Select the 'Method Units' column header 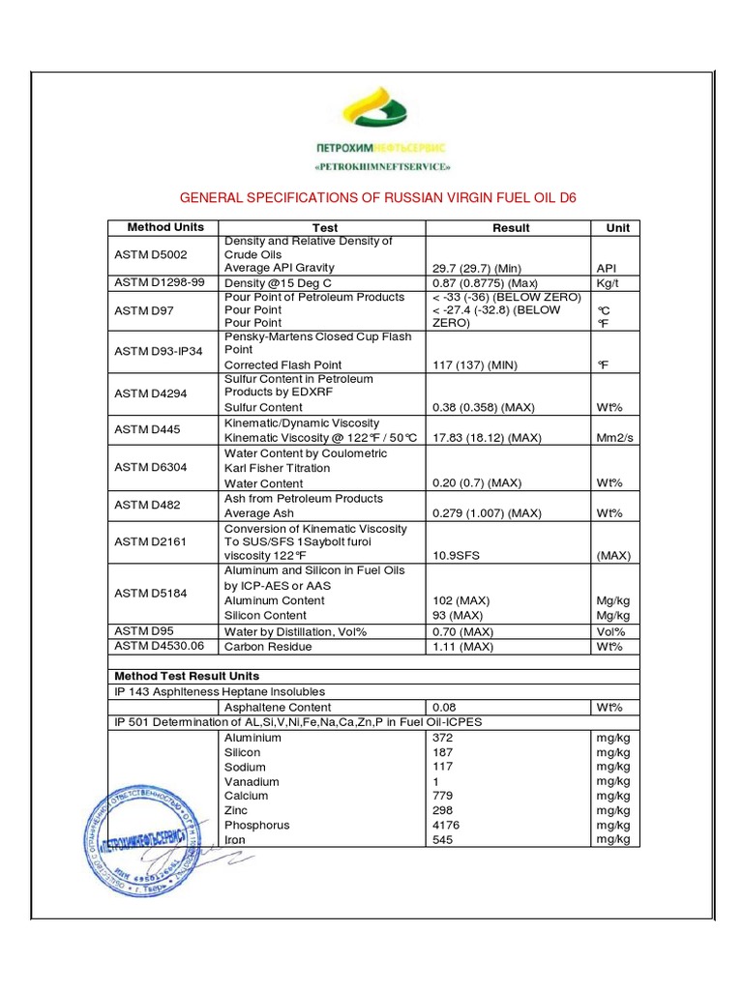click(x=165, y=227)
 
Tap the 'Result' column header click(x=510, y=228)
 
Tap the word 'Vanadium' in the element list click(x=252, y=781)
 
